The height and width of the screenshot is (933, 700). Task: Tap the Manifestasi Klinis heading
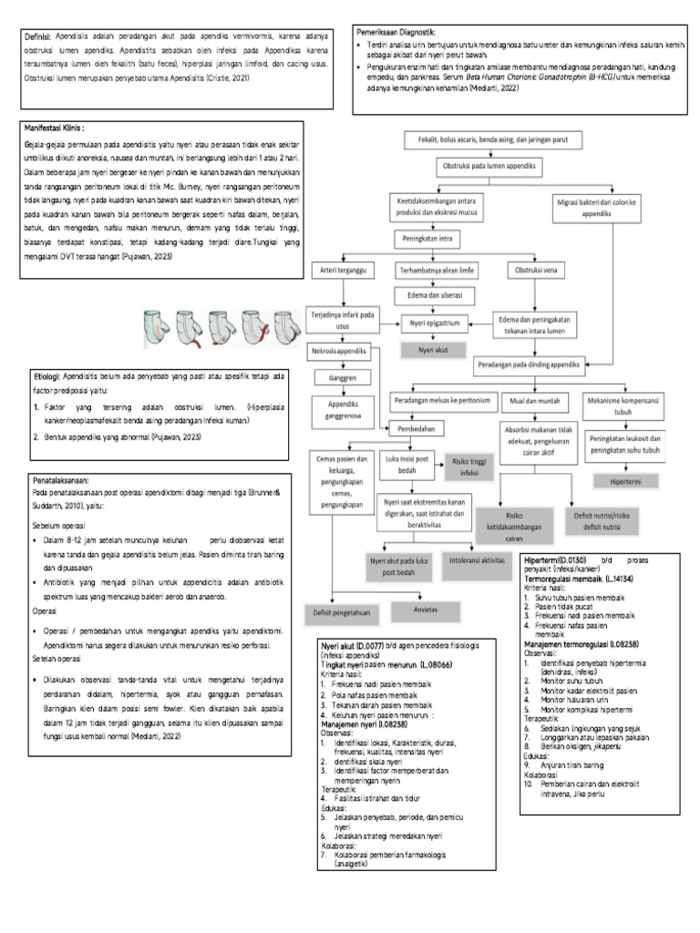coord(61,128)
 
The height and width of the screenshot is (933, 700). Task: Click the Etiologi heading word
coord(45,375)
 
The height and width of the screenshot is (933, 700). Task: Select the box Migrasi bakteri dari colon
coord(596,206)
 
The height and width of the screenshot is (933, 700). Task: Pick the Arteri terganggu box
coord(336,271)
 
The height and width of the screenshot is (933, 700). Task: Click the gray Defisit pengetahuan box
coord(342,612)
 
